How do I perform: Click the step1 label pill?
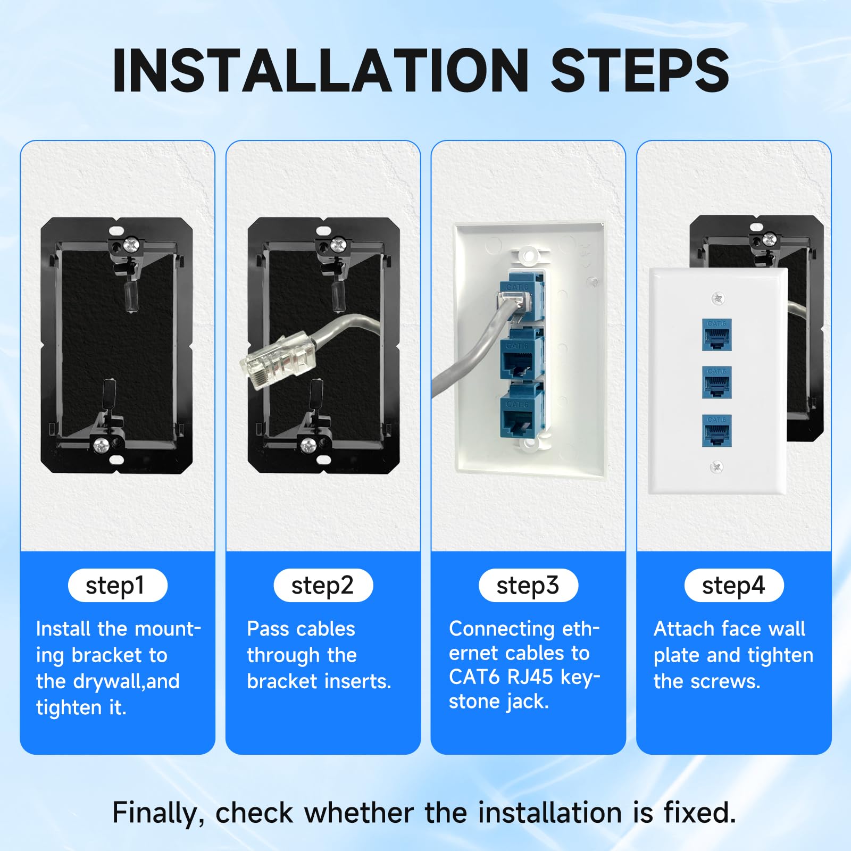point(118,586)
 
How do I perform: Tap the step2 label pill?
point(323,586)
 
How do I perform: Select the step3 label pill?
point(528,586)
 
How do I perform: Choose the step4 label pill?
point(733,586)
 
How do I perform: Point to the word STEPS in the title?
point(640,71)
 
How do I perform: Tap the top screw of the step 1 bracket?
point(130,245)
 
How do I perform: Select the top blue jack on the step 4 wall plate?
point(716,335)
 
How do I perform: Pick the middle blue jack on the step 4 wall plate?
point(716,382)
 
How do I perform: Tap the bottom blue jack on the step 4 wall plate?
point(716,430)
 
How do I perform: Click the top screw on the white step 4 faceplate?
point(718,298)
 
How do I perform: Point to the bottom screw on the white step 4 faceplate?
point(716,467)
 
